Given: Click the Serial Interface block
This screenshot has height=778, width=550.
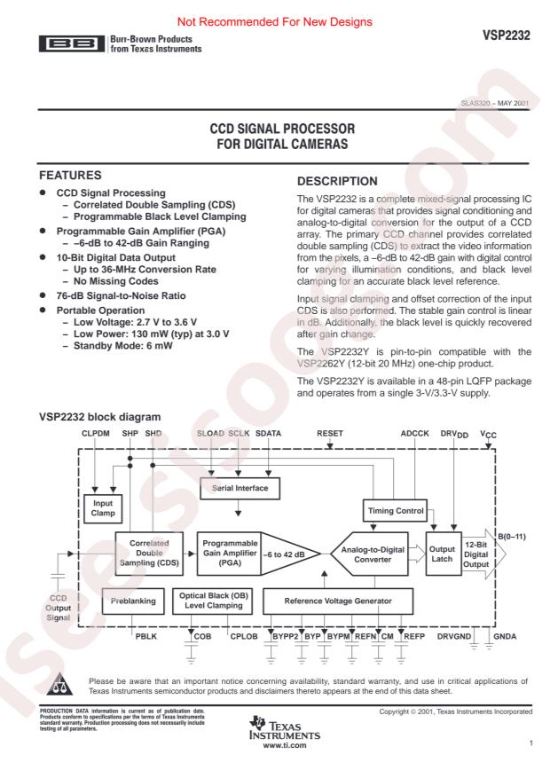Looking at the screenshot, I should (x=240, y=487).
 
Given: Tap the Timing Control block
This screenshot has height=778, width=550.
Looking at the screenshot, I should (x=395, y=511).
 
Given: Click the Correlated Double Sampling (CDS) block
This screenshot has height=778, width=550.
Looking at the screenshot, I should (x=148, y=554).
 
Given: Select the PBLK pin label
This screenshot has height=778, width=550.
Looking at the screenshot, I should (x=145, y=637).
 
